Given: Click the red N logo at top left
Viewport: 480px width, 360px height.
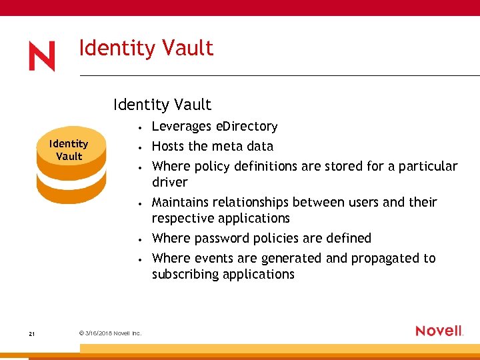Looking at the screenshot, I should tap(41, 57).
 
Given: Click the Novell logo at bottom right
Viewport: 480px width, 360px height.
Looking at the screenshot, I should tap(439, 331).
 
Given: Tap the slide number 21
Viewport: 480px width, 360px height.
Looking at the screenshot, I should tap(32, 333).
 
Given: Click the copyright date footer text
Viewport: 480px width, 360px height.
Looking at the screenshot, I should tap(109, 333).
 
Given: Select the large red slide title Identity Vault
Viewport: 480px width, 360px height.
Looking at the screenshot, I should tap(146, 49).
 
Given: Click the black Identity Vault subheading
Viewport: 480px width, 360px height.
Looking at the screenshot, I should tap(162, 105).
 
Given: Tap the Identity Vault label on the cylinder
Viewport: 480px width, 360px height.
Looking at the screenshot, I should tap(69, 150).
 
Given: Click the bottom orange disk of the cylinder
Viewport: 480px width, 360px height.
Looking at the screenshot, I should tap(71, 191).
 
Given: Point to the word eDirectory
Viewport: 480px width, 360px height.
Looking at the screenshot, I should tap(248, 127).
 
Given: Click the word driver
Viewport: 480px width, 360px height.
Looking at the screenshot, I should tap(170, 183).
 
